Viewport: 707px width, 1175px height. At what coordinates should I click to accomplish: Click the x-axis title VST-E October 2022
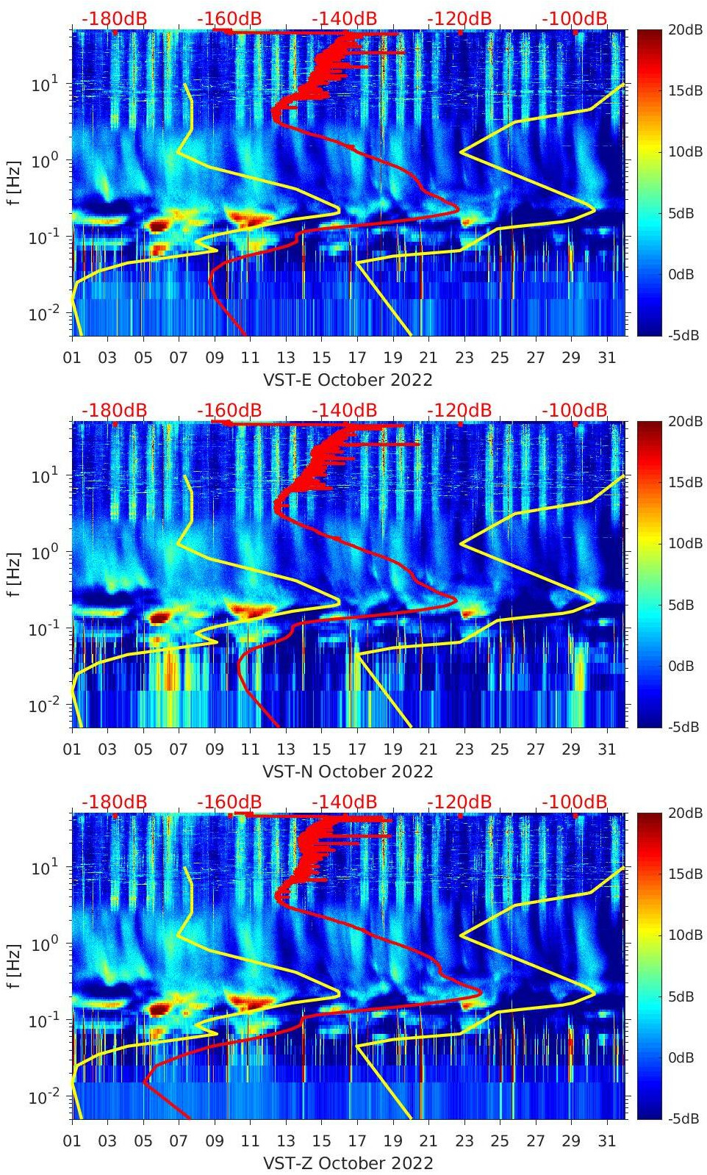pos(348,380)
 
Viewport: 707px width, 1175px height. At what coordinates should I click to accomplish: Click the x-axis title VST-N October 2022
pos(348,772)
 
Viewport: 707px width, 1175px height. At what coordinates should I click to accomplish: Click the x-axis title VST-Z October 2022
pos(348,1163)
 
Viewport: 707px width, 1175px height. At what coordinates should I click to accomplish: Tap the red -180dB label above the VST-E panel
pos(115,19)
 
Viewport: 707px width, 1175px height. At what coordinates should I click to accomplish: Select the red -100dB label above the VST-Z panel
pos(575,802)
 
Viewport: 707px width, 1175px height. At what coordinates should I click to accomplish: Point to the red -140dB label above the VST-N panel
pos(345,410)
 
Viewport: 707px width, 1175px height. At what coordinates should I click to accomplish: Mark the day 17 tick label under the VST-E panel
pos(357,358)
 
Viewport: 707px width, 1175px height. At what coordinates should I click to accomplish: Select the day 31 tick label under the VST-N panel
pos(606,750)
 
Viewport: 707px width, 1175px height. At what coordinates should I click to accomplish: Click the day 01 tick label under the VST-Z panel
pos(72,1141)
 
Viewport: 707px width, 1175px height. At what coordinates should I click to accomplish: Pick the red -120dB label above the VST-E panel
pos(459,19)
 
